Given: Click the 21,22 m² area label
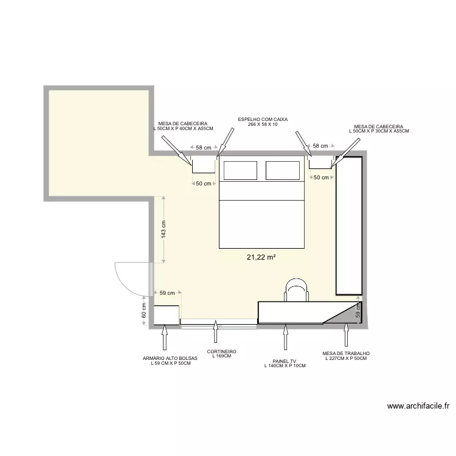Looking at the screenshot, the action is (261, 257).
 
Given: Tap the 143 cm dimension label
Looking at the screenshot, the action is (164, 229).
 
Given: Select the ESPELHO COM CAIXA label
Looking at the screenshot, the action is (263, 119).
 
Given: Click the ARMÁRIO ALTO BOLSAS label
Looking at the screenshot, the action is (170, 358).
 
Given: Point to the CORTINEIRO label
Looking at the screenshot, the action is (221, 351).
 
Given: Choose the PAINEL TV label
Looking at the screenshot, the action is (285, 361).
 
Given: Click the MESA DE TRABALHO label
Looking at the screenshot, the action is (346, 353).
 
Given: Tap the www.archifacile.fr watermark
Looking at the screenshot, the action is (418, 406).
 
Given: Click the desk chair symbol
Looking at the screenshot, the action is (296, 290).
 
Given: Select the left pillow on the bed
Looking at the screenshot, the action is (240, 170).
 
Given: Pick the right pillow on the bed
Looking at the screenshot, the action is (283, 170).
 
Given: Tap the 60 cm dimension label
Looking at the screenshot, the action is (144, 310).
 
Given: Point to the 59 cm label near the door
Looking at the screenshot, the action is (167, 293).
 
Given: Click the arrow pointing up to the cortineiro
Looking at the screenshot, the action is (215, 331).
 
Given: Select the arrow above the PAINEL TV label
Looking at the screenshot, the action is (285, 337).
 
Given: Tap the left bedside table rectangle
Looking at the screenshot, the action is (204, 164).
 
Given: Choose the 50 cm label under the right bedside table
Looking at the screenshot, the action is (322, 178).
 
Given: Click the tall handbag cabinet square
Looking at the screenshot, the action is (166, 315).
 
